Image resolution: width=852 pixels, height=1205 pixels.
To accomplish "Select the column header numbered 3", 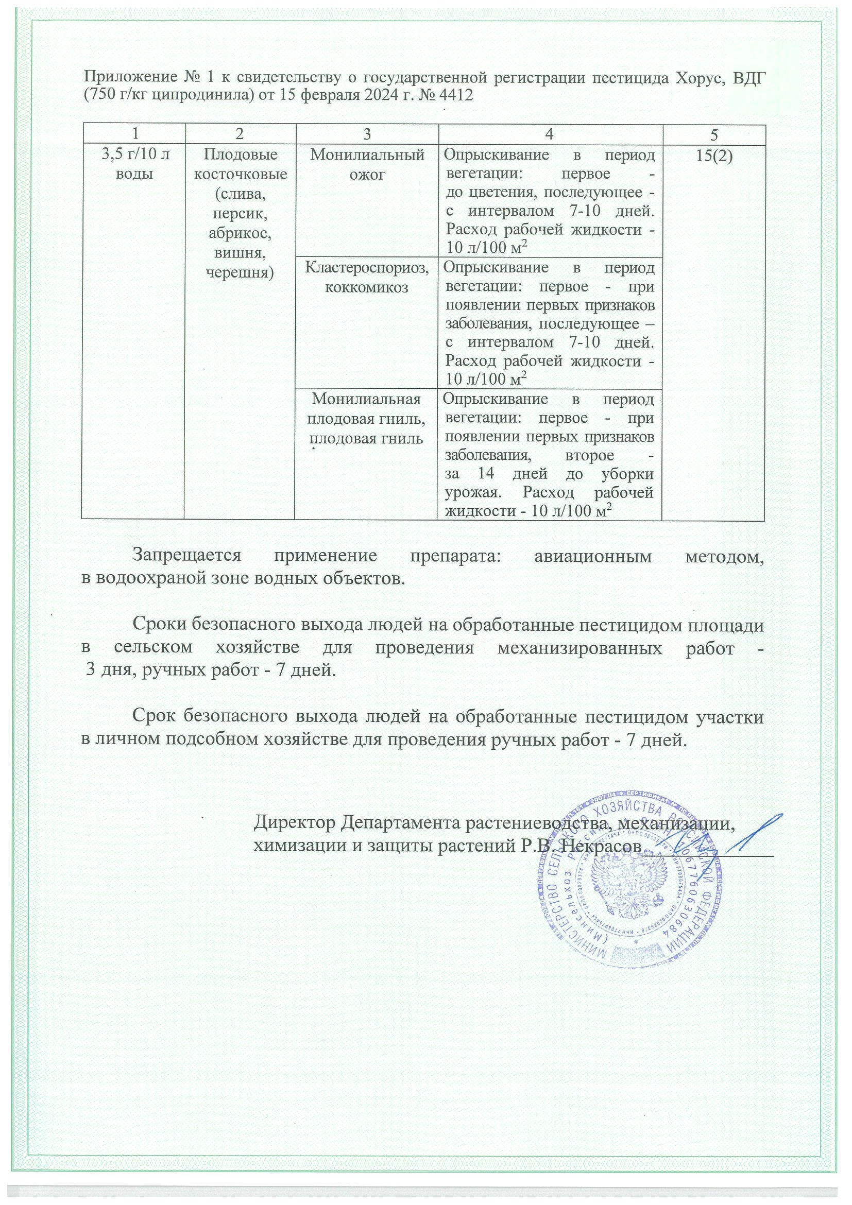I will point(366,134).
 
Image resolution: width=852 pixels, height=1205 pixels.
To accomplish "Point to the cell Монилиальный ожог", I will point(367,164).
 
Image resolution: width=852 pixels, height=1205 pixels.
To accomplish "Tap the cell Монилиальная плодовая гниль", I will point(366,418).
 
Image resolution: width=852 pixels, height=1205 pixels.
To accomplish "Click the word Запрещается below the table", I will point(187,556).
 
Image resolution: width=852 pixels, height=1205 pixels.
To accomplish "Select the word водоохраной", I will point(172,579).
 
